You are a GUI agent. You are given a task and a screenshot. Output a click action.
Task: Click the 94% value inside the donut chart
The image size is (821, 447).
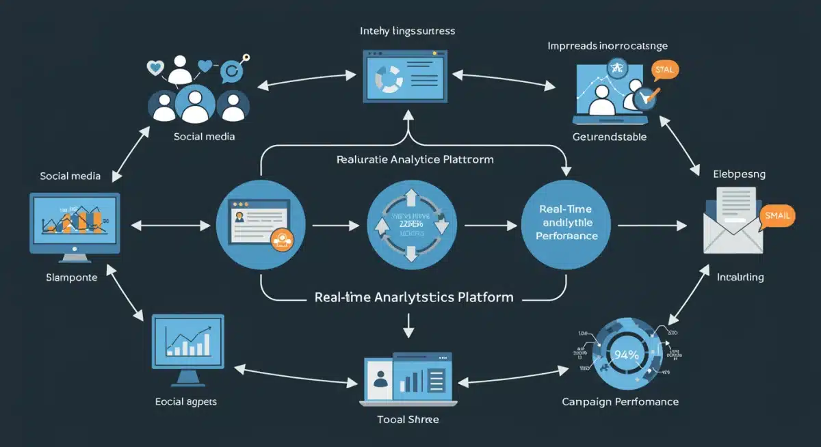coord(626,354)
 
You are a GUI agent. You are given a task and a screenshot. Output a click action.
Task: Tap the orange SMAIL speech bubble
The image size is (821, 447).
coord(777,215)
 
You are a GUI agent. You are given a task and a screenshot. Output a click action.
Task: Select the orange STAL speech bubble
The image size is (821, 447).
coord(664,70)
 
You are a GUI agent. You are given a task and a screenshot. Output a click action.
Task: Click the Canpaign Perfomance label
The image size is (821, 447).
coord(620,401)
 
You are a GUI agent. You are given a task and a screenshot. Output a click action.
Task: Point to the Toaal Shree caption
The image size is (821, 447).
coord(408,419)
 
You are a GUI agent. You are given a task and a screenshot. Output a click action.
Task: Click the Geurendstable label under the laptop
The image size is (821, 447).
coord(609,137)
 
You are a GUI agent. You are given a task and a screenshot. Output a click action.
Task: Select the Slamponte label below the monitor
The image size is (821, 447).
coord(71,277)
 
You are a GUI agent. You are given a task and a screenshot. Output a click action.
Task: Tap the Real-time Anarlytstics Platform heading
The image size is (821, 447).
coord(413,297)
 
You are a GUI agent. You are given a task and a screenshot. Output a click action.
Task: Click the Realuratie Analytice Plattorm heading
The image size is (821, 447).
coord(415,159)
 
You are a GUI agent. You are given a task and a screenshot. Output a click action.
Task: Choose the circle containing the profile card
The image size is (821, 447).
coord(260,224)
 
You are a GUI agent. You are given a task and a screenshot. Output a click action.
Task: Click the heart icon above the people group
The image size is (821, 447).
coord(157,68)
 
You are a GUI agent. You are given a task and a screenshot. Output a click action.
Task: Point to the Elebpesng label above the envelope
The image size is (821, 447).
coord(739,174)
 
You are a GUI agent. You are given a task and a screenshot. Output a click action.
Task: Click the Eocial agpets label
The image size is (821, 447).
coord(186,401)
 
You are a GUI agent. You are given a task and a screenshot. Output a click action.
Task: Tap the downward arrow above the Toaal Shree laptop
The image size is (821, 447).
coord(409,325)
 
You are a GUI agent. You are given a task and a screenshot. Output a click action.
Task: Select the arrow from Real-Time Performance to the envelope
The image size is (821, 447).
coord(653,224)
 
